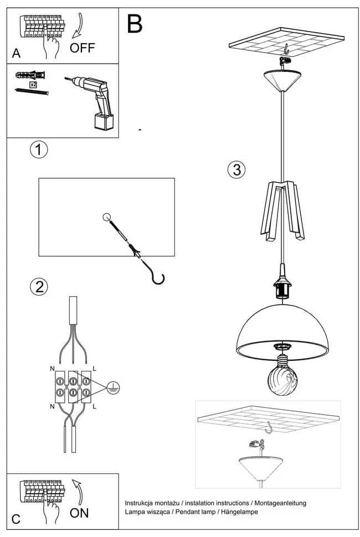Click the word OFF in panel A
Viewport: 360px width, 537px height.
tap(83, 48)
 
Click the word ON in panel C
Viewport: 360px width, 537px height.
tap(79, 513)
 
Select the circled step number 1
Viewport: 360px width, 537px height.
tap(39, 149)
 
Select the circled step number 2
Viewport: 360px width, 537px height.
tap(39, 286)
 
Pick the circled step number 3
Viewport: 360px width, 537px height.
tap(236, 170)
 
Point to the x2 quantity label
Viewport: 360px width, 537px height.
tap(33, 84)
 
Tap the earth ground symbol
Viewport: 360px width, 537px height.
tap(112, 387)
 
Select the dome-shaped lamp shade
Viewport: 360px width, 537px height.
tap(282, 329)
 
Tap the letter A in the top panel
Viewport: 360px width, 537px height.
tap(16, 54)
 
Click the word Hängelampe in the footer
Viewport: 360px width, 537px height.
tap(239, 512)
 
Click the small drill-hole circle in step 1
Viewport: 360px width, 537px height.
tap(107, 216)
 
